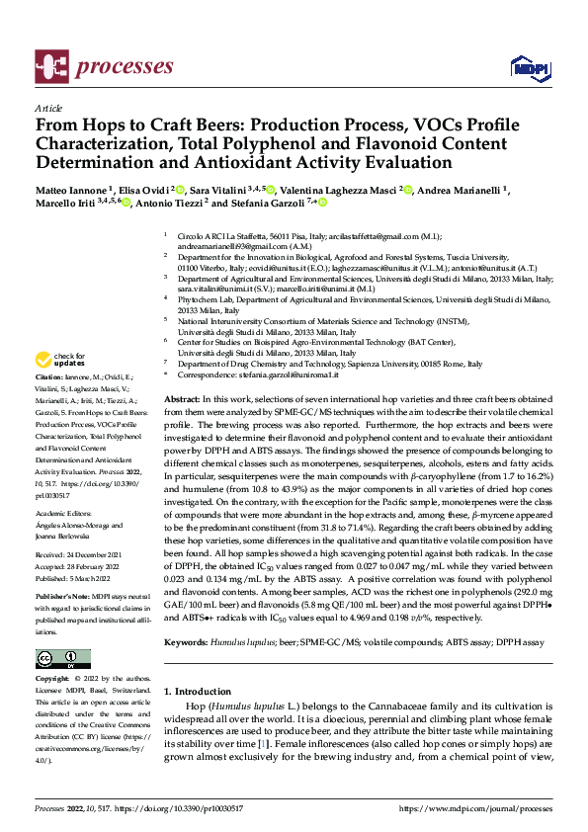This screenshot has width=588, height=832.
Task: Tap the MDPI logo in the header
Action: tap(527, 67)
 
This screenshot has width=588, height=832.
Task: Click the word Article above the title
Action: tap(47, 108)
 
